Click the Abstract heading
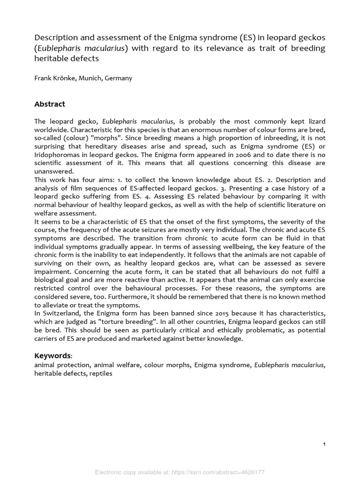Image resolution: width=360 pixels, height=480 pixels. tap(50, 104)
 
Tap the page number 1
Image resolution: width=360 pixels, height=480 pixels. tap(324, 444)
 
